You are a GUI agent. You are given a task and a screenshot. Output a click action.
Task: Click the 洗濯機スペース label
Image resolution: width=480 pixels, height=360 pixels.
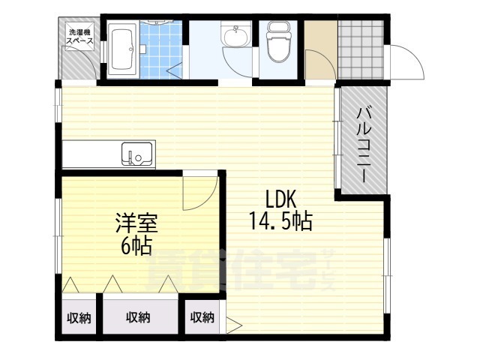(x=80, y=36)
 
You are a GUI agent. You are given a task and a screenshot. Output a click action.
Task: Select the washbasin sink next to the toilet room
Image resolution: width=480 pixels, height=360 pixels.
(x=235, y=36)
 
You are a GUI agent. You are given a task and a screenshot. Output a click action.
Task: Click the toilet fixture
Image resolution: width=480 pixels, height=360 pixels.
(x=278, y=41)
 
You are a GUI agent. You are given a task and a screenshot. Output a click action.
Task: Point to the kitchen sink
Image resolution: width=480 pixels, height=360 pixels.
(x=136, y=154)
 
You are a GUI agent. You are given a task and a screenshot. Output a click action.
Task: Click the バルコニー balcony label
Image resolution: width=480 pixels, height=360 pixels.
(x=364, y=144)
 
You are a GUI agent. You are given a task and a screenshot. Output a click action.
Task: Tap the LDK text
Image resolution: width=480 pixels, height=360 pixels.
(x=280, y=199)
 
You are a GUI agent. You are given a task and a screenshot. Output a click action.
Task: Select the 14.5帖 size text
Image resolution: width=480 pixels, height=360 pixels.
(x=280, y=221)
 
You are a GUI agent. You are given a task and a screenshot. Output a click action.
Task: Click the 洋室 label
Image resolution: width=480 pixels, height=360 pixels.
(x=136, y=223)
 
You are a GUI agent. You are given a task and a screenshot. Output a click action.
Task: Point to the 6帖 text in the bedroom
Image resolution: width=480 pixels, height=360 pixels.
(x=136, y=246)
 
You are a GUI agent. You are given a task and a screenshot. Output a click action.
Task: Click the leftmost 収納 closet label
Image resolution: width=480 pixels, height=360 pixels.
(x=79, y=318)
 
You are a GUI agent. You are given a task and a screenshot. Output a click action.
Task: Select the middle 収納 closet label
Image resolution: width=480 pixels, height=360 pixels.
(x=138, y=318)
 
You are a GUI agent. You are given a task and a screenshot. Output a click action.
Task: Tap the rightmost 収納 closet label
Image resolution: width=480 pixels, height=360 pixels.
(x=202, y=318)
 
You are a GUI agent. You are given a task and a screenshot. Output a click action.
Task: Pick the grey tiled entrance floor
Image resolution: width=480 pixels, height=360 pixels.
(x=361, y=49)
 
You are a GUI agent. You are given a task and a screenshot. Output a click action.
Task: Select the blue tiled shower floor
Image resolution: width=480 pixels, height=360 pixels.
(x=161, y=50)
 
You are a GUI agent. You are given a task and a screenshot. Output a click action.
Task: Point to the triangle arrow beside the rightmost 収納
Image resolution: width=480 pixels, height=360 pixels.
(x=234, y=325)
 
